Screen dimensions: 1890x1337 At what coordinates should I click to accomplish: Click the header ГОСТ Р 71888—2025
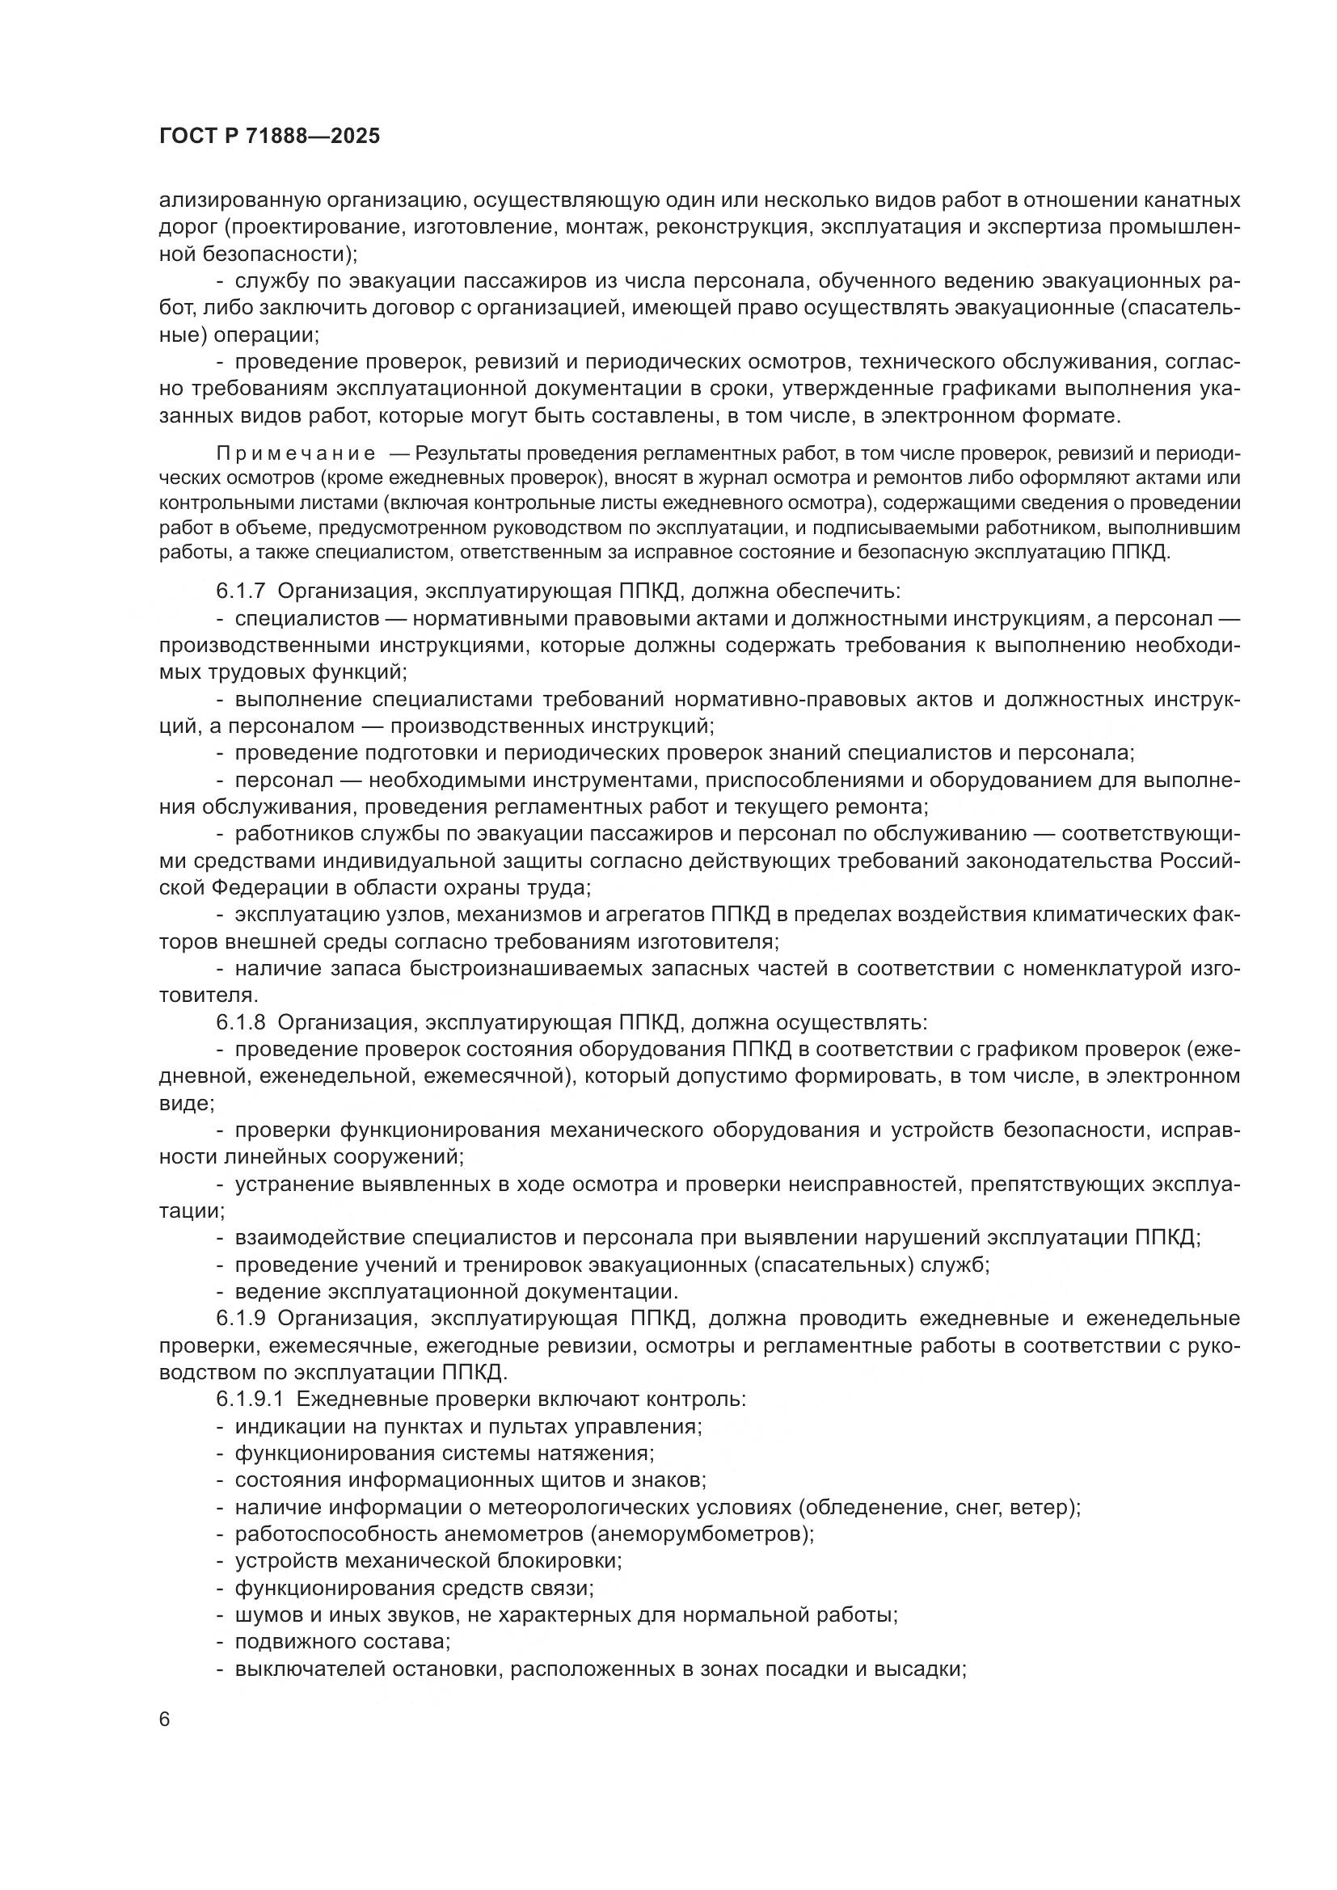[269, 137]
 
